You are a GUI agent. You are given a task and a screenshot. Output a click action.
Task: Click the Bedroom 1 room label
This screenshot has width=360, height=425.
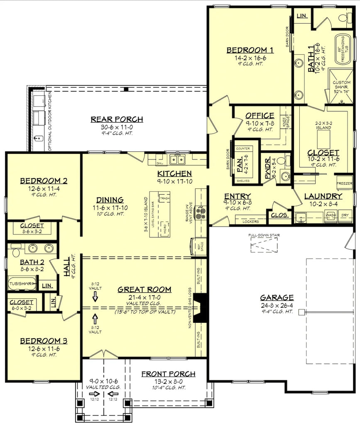pyautogui.click(x=250, y=50)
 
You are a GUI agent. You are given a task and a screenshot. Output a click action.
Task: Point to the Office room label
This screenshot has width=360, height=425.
pyautogui.click(x=260, y=116)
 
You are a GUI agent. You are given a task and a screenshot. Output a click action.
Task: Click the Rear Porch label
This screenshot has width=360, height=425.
pyautogui.click(x=117, y=120)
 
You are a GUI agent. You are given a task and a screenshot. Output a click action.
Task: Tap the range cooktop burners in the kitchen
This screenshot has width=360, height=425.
pyautogui.click(x=201, y=213)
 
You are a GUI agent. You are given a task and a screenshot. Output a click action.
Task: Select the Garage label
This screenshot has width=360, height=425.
pyautogui.click(x=277, y=298)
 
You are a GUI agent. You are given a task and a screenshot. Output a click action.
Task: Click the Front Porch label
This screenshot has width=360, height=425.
pyautogui.click(x=168, y=374)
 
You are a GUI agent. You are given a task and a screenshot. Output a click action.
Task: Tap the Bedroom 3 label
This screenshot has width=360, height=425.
pyautogui.click(x=44, y=341)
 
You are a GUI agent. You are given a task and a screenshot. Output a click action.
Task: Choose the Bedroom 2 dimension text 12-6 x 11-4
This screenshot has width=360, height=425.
pyautogui.click(x=44, y=189)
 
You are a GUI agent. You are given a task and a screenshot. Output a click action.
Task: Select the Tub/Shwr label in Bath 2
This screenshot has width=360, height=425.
pyautogui.click(x=21, y=284)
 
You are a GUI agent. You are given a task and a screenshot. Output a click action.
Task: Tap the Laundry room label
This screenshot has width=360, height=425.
pyautogui.click(x=323, y=196)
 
